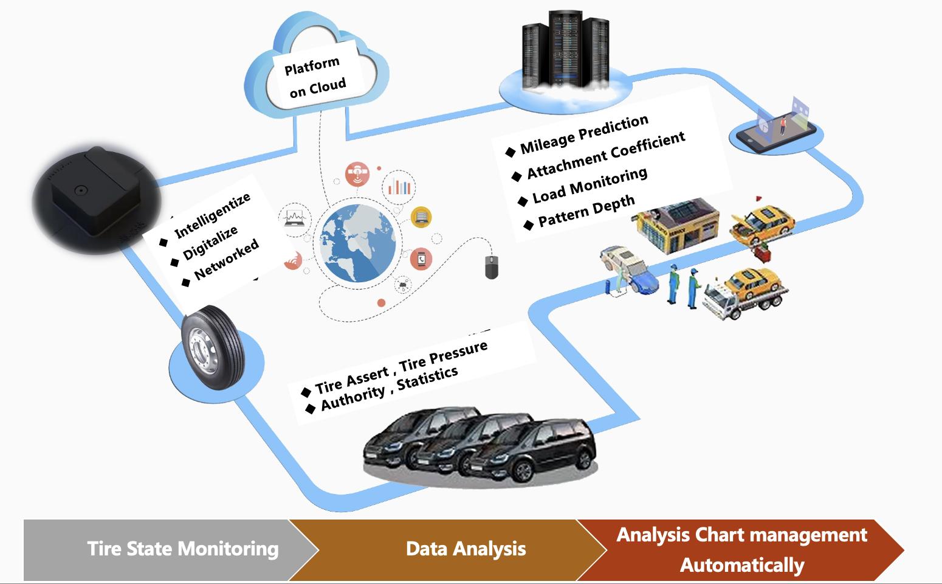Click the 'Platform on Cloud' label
point(315,77)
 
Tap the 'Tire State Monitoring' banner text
point(182,549)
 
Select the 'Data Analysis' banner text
point(466,549)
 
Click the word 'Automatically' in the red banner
point(742,565)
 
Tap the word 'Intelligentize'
point(212,216)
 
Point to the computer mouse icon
point(492,268)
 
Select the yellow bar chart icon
point(421,217)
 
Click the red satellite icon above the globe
point(357,174)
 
